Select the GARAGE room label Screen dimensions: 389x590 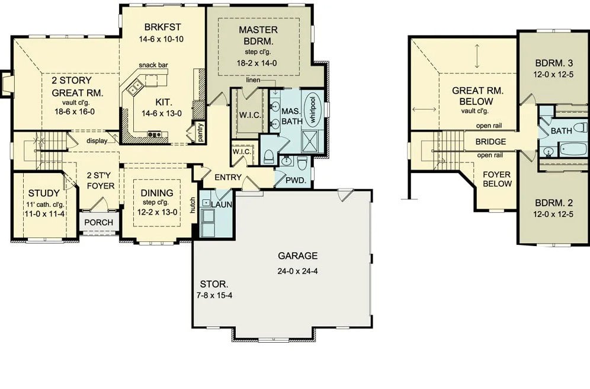coord(297,256)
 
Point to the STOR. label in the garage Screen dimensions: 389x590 coord(211,284)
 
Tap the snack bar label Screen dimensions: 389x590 coord(152,65)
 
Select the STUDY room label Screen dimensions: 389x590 coord(43,193)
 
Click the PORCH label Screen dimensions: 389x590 coord(99,222)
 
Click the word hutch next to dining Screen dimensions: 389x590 coord(193,205)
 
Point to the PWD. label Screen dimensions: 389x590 coord(295,180)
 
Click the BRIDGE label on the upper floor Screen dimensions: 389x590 coord(490,142)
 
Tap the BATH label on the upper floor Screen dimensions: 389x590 coord(562,130)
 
